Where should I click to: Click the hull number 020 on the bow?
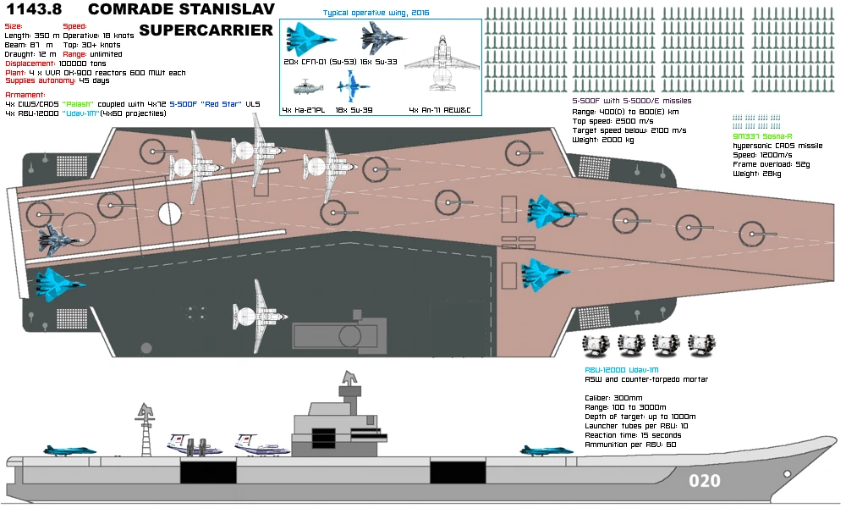(x=704, y=481)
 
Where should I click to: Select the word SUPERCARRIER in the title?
(x=206, y=30)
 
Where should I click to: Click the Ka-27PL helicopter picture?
(x=308, y=86)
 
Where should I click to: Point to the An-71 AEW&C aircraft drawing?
(x=437, y=63)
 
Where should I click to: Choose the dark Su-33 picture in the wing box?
(x=385, y=38)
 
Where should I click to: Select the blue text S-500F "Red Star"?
(x=203, y=103)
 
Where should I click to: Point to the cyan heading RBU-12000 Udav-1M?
(x=621, y=371)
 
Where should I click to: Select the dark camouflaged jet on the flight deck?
(x=58, y=239)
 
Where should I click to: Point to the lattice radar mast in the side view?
(x=146, y=428)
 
